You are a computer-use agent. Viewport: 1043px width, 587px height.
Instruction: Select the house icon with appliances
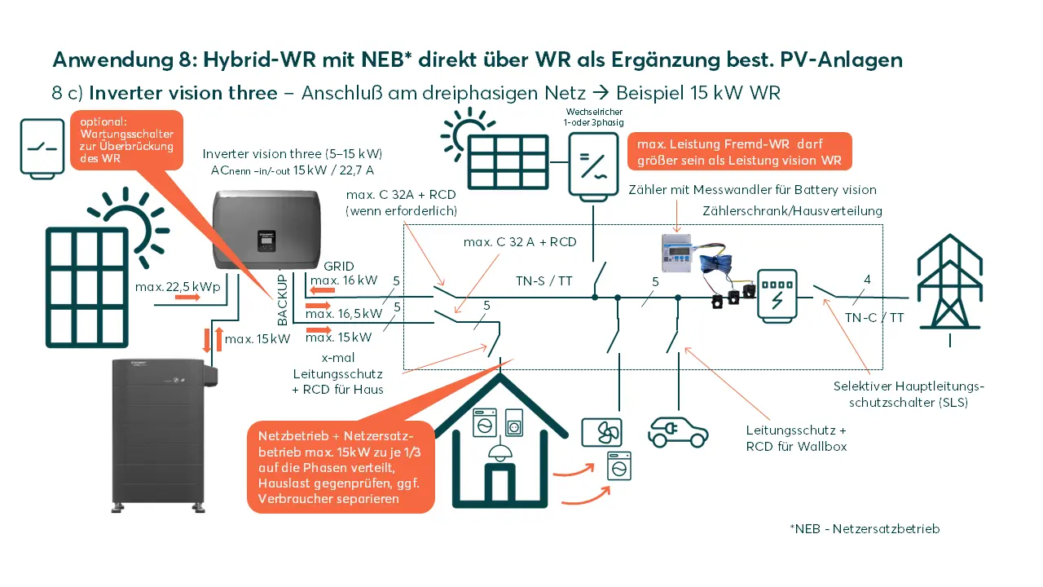click(497, 444)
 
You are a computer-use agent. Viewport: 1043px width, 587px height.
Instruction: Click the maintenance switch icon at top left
click(42, 147)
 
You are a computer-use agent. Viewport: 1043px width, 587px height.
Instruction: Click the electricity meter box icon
click(775, 294)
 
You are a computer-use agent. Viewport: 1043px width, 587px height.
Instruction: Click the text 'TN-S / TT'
click(544, 280)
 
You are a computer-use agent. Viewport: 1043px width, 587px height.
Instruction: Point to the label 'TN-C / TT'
click(874, 318)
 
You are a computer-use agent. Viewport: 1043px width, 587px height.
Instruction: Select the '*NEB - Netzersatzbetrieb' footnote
click(865, 528)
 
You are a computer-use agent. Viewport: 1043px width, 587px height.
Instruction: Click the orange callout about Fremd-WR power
click(741, 152)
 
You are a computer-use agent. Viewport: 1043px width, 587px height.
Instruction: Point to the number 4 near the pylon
click(867, 280)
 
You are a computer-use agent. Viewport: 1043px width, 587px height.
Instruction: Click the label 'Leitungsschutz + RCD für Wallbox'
click(796, 438)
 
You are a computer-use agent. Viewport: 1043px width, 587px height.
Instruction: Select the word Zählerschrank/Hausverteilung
click(792, 211)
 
